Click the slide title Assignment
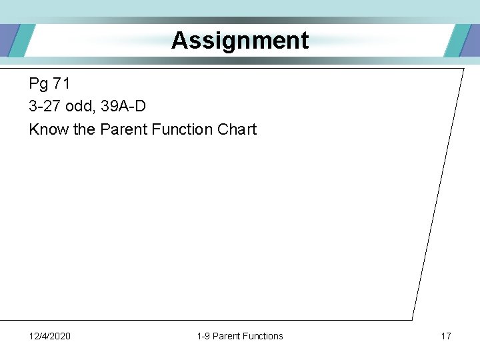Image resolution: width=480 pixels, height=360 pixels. (x=240, y=41)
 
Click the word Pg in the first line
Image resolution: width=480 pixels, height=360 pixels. (x=38, y=84)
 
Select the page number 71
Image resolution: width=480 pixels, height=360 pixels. (x=61, y=84)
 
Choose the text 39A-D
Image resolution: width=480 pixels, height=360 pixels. (x=123, y=107)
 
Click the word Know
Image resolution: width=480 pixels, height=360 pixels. (x=49, y=129)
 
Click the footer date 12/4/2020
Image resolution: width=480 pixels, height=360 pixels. (x=50, y=336)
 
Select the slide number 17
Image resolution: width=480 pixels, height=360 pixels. (x=445, y=336)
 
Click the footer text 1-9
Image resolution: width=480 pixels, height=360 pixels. (x=203, y=336)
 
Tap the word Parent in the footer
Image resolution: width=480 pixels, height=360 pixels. (x=227, y=336)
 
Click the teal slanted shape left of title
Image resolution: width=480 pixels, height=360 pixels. (x=21, y=41)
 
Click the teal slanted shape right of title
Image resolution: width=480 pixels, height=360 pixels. (x=457, y=41)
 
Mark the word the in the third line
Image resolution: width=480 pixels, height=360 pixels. (x=84, y=129)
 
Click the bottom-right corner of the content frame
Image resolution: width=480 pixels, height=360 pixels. (x=412, y=319)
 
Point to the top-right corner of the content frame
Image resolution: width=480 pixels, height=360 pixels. (x=463, y=69)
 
